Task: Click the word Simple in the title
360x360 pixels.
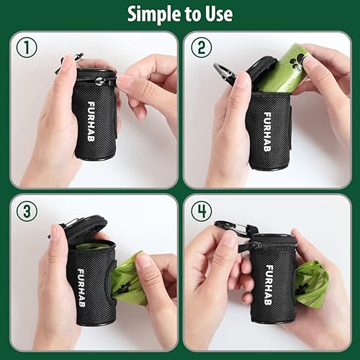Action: pyautogui.click(x=155, y=14)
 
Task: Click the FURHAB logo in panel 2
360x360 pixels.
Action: pyautogui.click(x=266, y=124)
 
